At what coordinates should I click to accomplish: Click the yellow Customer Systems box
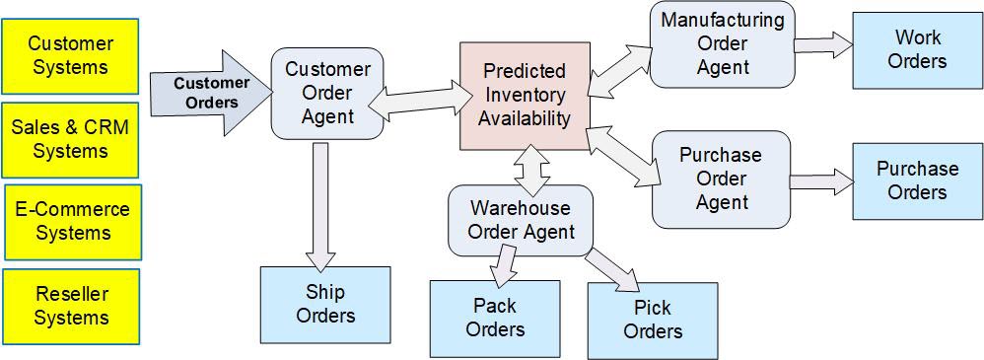(70, 56)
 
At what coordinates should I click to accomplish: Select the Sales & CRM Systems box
(70, 139)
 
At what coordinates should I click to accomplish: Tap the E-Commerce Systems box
(72, 221)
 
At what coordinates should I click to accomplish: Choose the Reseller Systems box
(71, 306)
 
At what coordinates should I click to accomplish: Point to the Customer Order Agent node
(327, 93)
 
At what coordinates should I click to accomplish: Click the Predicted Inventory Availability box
(525, 96)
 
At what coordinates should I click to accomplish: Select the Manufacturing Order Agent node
(723, 43)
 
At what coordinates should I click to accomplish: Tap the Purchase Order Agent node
(721, 179)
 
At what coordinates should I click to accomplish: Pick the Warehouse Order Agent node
(521, 220)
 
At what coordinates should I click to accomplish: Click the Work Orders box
(917, 49)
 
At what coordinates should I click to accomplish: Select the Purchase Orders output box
(917, 180)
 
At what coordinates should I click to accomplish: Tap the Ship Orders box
(325, 304)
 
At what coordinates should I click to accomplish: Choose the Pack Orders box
(495, 317)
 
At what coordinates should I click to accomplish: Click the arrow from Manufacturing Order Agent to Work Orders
(822, 44)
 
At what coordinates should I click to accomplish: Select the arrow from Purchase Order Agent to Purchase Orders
(820, 181)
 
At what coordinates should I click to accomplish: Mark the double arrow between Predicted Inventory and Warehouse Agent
(532, 167)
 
